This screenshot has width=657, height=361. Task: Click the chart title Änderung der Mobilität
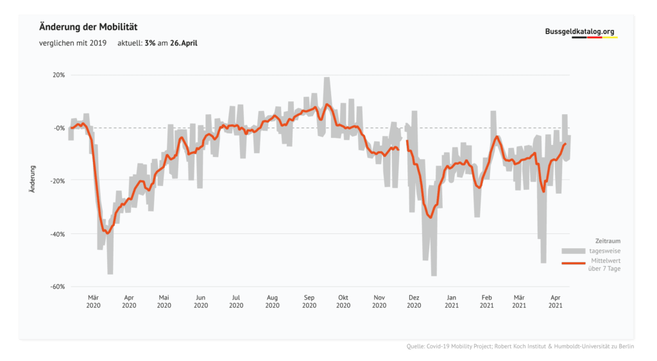tap(89, 27)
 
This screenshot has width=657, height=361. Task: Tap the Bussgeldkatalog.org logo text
tap(579, 31)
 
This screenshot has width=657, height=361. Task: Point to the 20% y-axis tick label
tap(59, 74)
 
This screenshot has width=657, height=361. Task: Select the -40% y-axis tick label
tap(57, 233)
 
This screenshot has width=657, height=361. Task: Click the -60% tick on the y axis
tap(57, 287)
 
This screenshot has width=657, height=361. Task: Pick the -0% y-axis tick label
tap(59, 128)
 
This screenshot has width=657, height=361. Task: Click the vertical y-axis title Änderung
tap(32, 180)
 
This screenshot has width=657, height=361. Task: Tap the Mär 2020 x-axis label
tap(93, 301)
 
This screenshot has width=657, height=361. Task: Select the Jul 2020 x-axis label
tap(235, 301)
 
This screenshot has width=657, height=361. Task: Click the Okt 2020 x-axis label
tap(343, 301)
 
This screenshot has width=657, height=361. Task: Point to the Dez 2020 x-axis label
tap(414, 301)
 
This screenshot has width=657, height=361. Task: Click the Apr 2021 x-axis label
tap(556, 301)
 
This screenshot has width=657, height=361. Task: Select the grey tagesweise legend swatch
tap(574, 250)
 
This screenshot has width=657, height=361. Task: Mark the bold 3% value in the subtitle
tap(150, 44)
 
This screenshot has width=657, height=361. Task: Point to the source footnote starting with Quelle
tap(520, 347)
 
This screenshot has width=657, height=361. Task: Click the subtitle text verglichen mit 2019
tap(71, 44)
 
